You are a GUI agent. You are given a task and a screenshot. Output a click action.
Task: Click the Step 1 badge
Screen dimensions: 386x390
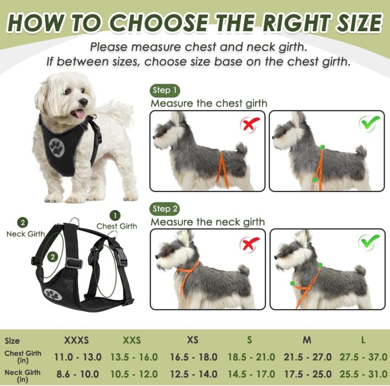tap(165, 90)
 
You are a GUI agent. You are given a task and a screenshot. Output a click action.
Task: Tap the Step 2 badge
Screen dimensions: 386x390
tap(165, 209)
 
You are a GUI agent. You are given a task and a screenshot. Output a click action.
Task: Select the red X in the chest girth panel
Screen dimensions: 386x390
tap(250, 124)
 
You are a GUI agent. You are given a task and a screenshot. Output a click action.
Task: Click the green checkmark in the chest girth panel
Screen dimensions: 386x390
tap(369, 123)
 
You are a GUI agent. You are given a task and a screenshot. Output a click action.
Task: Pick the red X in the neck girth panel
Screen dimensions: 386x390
tap(250, 243)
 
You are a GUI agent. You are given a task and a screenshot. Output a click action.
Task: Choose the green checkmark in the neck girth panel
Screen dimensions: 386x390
tap(369, 242)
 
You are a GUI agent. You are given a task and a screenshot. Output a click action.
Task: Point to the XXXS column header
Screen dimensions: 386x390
tap(76, 340)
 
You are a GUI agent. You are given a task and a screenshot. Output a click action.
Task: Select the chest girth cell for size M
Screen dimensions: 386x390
tap(308, 357)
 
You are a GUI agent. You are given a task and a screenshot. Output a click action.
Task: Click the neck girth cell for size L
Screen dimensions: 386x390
tap(364, 374)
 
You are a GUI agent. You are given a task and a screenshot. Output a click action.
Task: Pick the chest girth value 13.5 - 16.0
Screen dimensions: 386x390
tap(134, 357)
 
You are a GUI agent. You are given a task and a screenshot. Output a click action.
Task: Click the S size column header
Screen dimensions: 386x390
tap(249, 340)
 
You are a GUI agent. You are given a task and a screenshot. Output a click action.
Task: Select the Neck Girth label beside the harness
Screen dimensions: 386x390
tap(26, 234)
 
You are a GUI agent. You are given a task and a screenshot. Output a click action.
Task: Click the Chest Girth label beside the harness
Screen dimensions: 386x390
tap(117, 226)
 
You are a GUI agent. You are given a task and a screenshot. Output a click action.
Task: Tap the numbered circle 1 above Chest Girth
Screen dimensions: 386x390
tap(115, 215)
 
